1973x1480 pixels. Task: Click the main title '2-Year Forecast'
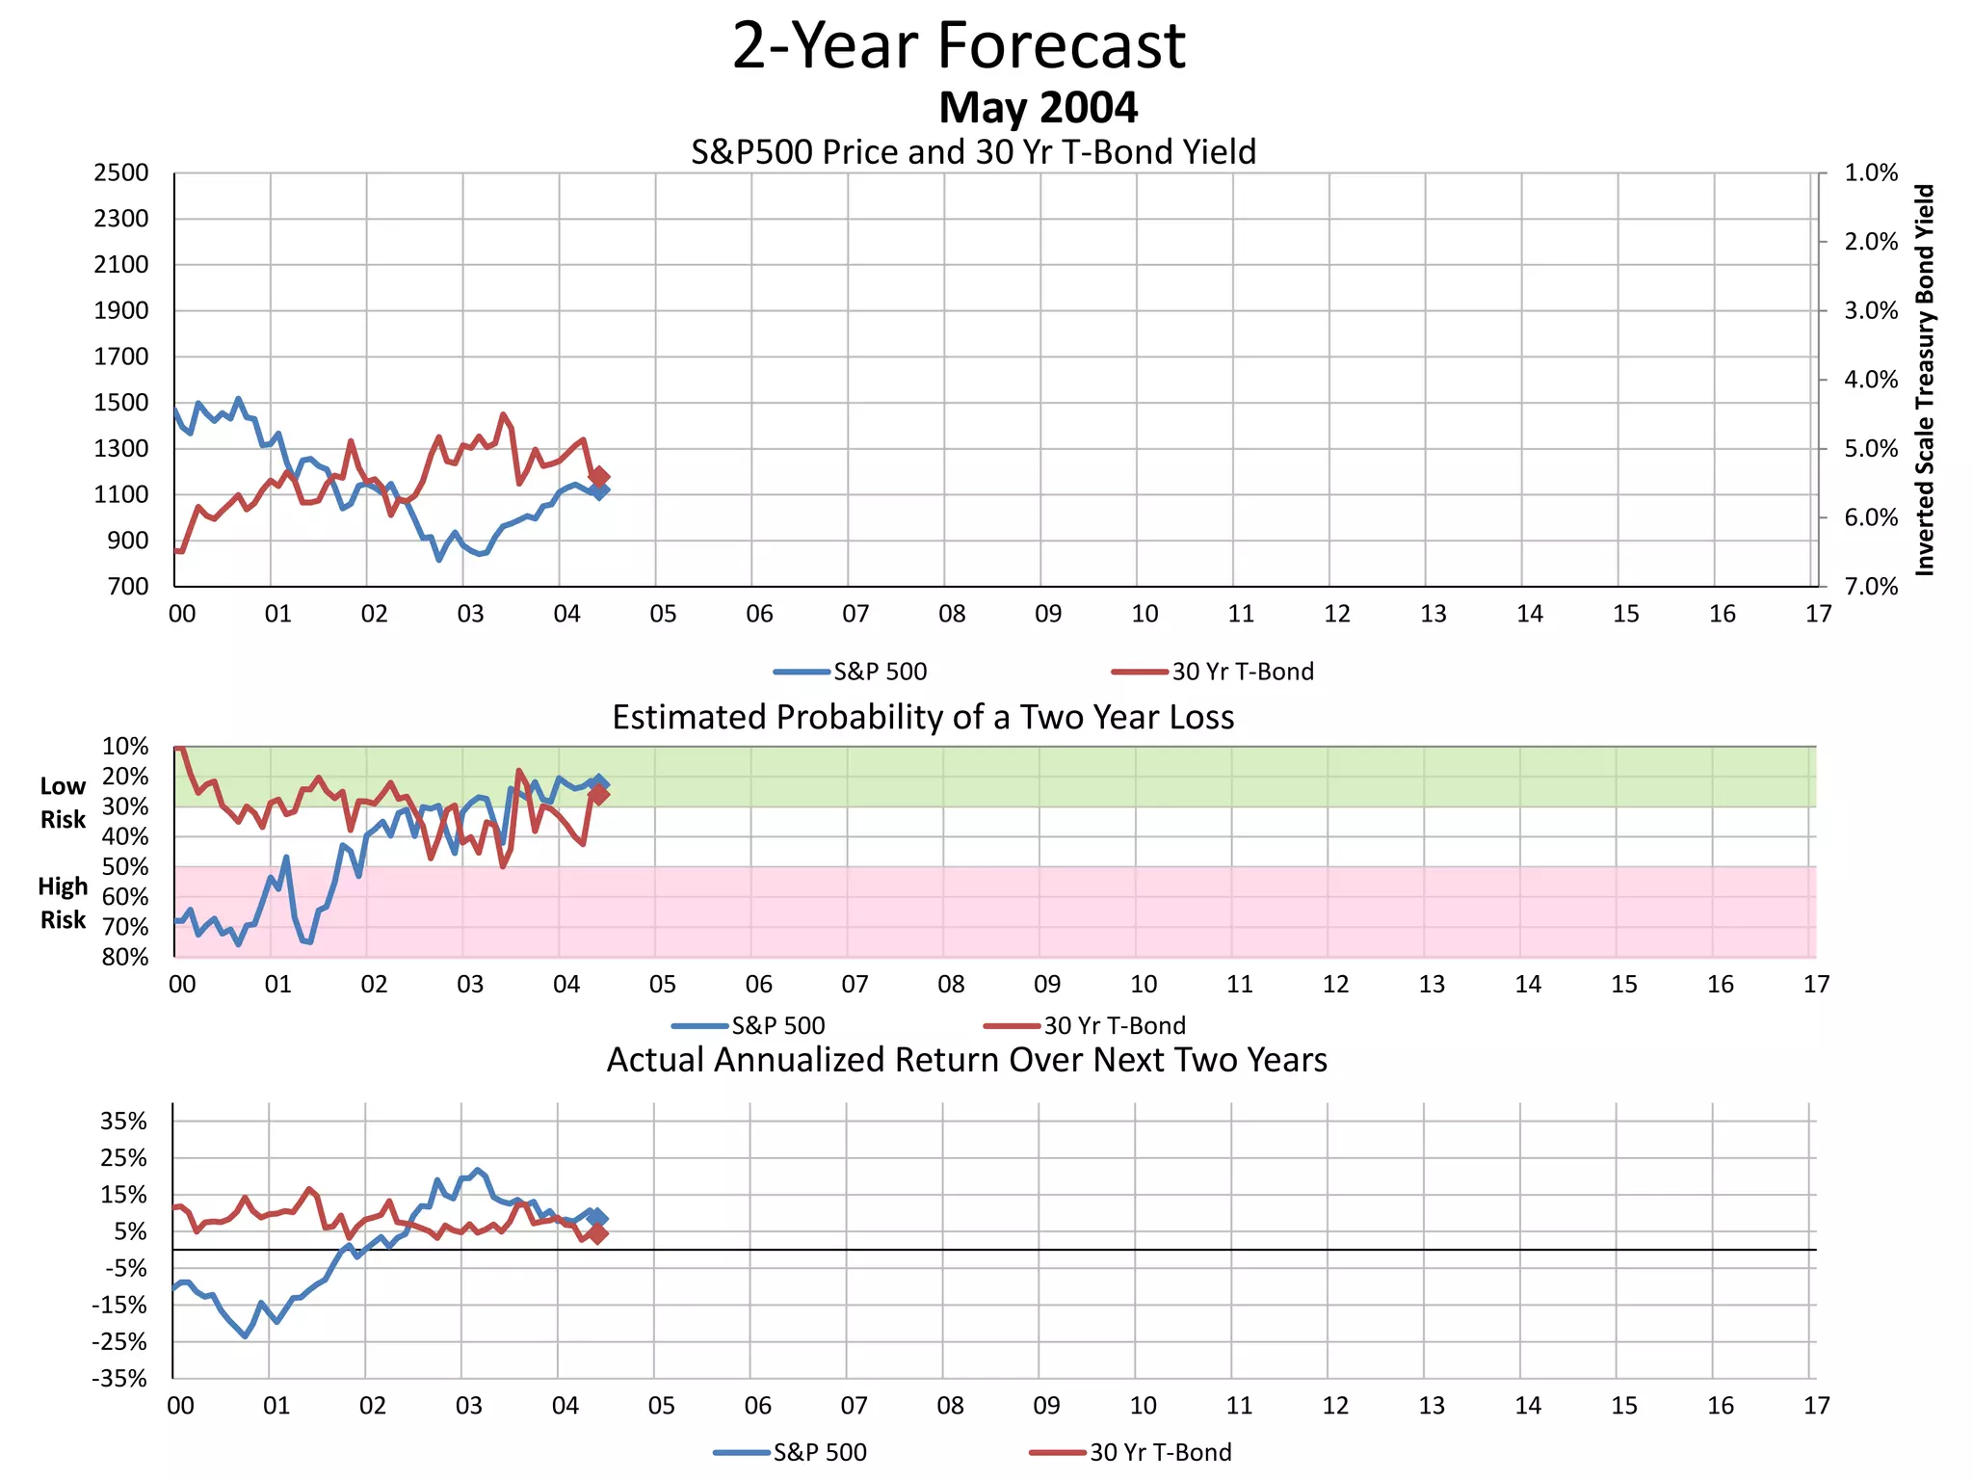coord(959,46)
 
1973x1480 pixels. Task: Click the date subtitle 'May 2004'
coord(1038,107)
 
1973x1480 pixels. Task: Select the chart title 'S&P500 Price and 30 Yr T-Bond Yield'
coord(973,152)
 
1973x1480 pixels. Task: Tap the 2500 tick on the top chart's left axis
coord(121,173)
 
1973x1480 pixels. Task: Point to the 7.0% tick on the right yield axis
coord(1870,587)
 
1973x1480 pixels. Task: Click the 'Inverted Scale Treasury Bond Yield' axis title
coord(1924,380)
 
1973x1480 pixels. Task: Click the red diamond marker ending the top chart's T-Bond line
coord(598,476)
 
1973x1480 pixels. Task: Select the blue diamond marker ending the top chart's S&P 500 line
coord(599,491)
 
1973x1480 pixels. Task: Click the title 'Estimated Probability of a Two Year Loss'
coord(923,718)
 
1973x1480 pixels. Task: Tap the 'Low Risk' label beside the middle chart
coord(63,803)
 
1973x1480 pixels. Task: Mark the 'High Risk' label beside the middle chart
coord(63,903)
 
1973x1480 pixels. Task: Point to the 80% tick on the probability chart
coord(126,957)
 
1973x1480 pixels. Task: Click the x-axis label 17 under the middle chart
coord(1816,985)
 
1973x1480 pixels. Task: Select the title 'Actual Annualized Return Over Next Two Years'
coord(966,1060)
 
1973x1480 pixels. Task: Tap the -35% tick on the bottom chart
coord(120,1379)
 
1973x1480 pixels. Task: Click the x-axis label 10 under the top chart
coord(1144,614)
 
